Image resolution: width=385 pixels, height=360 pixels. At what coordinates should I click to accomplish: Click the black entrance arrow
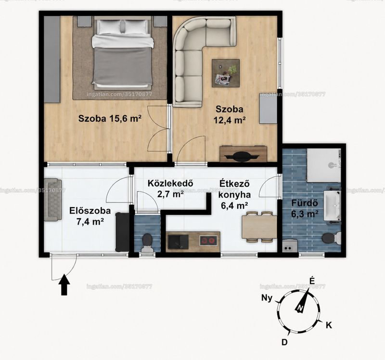[64, 285]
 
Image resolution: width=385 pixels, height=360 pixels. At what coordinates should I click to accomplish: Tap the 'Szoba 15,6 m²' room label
[110, 118]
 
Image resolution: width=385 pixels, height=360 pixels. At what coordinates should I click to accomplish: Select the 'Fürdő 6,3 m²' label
[305, 209]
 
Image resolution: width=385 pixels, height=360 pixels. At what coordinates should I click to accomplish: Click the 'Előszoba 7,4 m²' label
[90, 216]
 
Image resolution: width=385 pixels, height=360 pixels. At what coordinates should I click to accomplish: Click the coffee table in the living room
[226, 73]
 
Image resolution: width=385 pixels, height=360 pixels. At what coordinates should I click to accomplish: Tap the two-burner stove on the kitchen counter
[208, 240]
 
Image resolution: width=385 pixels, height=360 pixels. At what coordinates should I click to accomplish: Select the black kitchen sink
[178, 242]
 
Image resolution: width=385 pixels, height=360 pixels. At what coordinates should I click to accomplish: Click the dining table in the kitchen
[259, 227]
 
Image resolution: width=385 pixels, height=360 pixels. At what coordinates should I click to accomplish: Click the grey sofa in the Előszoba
[53, 200]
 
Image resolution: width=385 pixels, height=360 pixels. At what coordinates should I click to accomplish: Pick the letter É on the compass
[312, 281]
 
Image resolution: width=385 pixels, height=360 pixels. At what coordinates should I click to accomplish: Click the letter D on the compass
[284, 342]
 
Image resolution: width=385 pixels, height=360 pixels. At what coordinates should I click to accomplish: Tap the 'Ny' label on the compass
[267, 298]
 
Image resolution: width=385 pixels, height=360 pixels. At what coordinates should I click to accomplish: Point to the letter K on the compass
[329, 325]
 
